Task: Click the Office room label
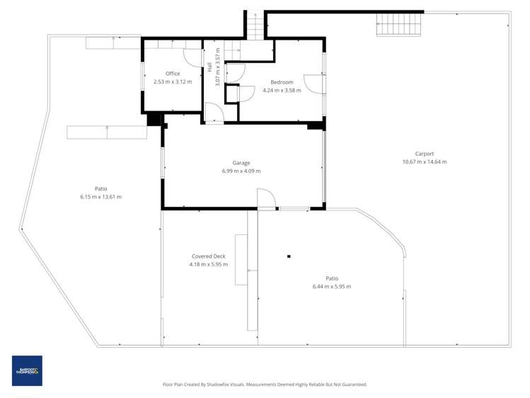point(173,74)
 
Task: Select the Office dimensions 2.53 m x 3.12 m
point(173,81)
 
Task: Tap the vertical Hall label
point(210,67)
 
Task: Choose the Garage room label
point(241,163)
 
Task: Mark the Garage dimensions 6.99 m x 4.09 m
point(241,171)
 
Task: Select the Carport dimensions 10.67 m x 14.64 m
point(425,161)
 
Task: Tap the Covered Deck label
point(208,256)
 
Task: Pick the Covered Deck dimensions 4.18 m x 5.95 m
point(208,264)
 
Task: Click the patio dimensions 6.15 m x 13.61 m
point(101,197)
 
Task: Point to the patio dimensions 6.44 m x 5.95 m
point(331,286)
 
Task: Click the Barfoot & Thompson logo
point(27,370)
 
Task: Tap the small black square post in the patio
point(289,256)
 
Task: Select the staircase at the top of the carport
point(399,25)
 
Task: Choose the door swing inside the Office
point(192,57)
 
